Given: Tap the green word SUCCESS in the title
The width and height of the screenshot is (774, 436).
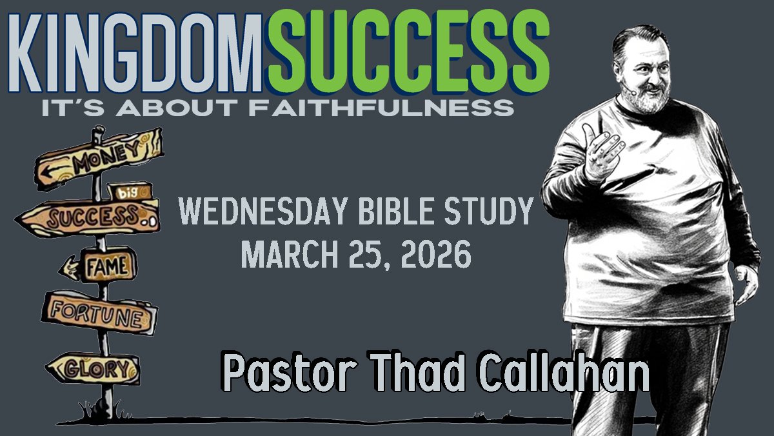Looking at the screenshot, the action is point(408,52).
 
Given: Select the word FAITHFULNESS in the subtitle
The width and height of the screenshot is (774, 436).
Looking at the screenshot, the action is point(381,108).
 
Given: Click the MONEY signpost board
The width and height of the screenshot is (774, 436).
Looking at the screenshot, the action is point(99,159).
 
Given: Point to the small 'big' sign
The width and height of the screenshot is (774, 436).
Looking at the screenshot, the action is point(130,192).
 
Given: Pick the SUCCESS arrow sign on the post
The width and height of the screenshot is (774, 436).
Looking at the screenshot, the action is point(89,217).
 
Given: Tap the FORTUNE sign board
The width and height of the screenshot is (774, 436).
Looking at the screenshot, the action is point(99,313).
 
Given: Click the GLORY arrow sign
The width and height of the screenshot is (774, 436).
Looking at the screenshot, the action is point(94,368).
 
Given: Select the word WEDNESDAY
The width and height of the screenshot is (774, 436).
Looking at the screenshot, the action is point(263,211).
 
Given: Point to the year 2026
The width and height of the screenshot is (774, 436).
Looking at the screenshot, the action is point(436,255).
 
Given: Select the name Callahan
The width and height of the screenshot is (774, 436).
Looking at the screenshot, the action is point(564,372).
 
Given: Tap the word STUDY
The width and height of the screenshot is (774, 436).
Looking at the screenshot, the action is point(489,211).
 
